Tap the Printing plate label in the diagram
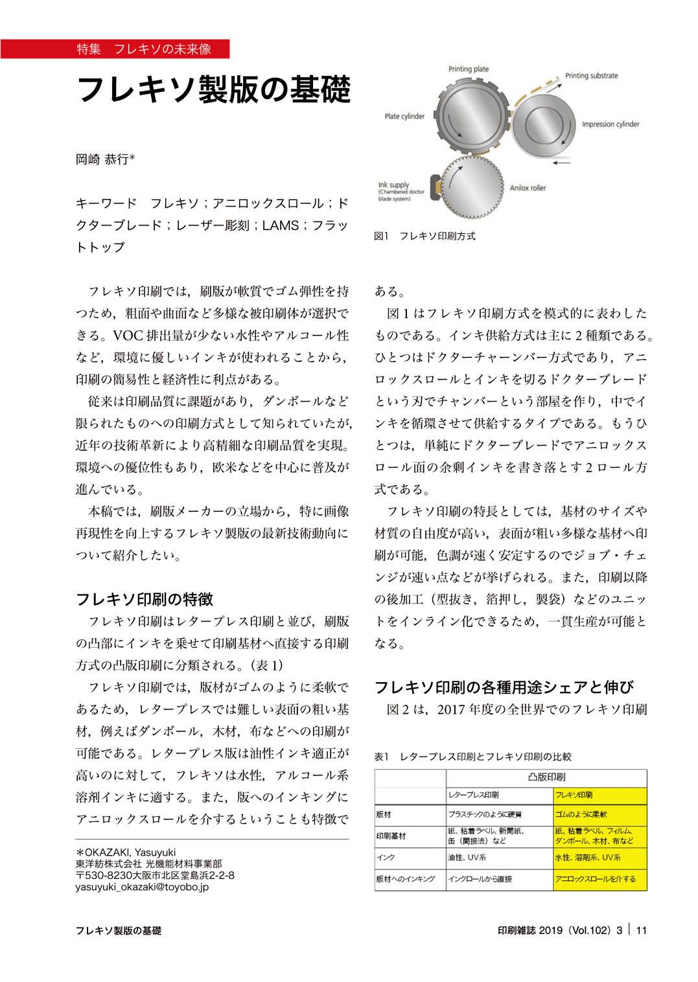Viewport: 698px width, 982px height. [468, 69]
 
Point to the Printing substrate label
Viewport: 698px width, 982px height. [591, 76]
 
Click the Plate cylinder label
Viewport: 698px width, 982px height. [404, 117]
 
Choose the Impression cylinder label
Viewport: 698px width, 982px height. [610, 124]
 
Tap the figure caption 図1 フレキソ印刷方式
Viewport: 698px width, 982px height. [425, 236]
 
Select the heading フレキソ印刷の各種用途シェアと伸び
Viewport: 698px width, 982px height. [504, 687]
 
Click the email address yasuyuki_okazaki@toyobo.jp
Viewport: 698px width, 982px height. [142, 887]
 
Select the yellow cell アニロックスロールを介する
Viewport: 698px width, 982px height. [596, 879]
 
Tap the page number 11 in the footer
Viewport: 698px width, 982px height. [642, 931]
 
